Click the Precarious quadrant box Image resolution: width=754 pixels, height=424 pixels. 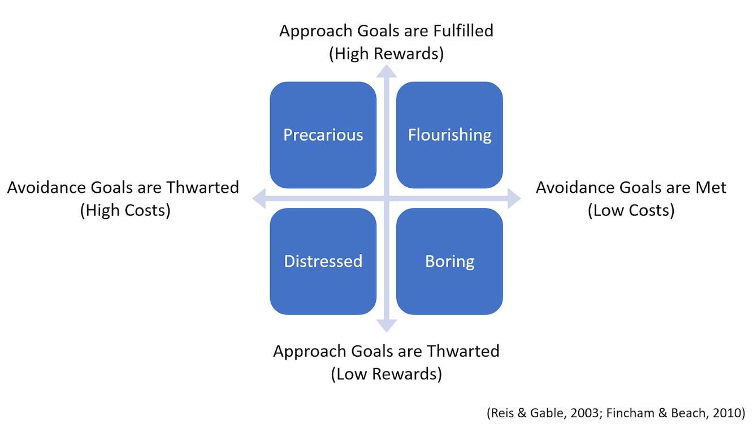(323, 135)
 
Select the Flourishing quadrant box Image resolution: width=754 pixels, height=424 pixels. (449, 135)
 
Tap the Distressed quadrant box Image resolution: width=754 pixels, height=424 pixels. (323, 261)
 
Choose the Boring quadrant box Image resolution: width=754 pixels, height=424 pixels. (449, 261)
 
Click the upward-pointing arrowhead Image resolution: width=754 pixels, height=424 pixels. (387, 71)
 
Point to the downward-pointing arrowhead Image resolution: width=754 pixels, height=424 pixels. (387, 326)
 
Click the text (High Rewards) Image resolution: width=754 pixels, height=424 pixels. (386, 54)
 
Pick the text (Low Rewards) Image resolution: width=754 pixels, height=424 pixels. (386, 374)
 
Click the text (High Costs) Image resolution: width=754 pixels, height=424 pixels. (125, 210)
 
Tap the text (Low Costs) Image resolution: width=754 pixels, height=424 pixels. (631, 210)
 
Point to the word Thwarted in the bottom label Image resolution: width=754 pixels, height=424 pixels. (463, 351)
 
